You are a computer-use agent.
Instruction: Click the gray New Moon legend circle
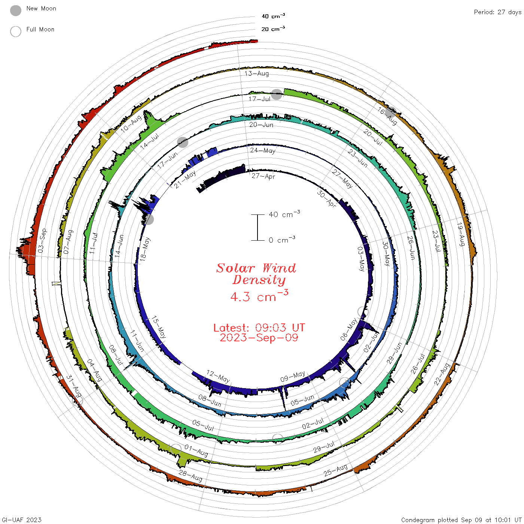pyautogui.click(x=16, y=10)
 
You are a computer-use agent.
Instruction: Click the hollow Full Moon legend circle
pyautogui.click(x=16, y=31)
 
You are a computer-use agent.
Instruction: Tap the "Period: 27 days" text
pyautogui.click(x=498, y=12)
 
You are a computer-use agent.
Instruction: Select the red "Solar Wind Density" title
pyautogui.click(x=256, y=274)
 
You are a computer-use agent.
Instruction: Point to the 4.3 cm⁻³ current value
pyautogui.click(x=259, y=296)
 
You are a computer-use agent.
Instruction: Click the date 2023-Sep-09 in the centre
pyautogui.click(x=259, y=338)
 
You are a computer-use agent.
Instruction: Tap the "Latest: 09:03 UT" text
pyautogui.click(x=259, y=327)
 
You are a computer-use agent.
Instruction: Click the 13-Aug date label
pyautogui.click(x=256, y=73)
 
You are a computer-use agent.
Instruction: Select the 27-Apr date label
pyautogui.click(x=263, y=176)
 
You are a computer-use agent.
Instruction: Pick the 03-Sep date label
pyautogui.click(x=42, y=240)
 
